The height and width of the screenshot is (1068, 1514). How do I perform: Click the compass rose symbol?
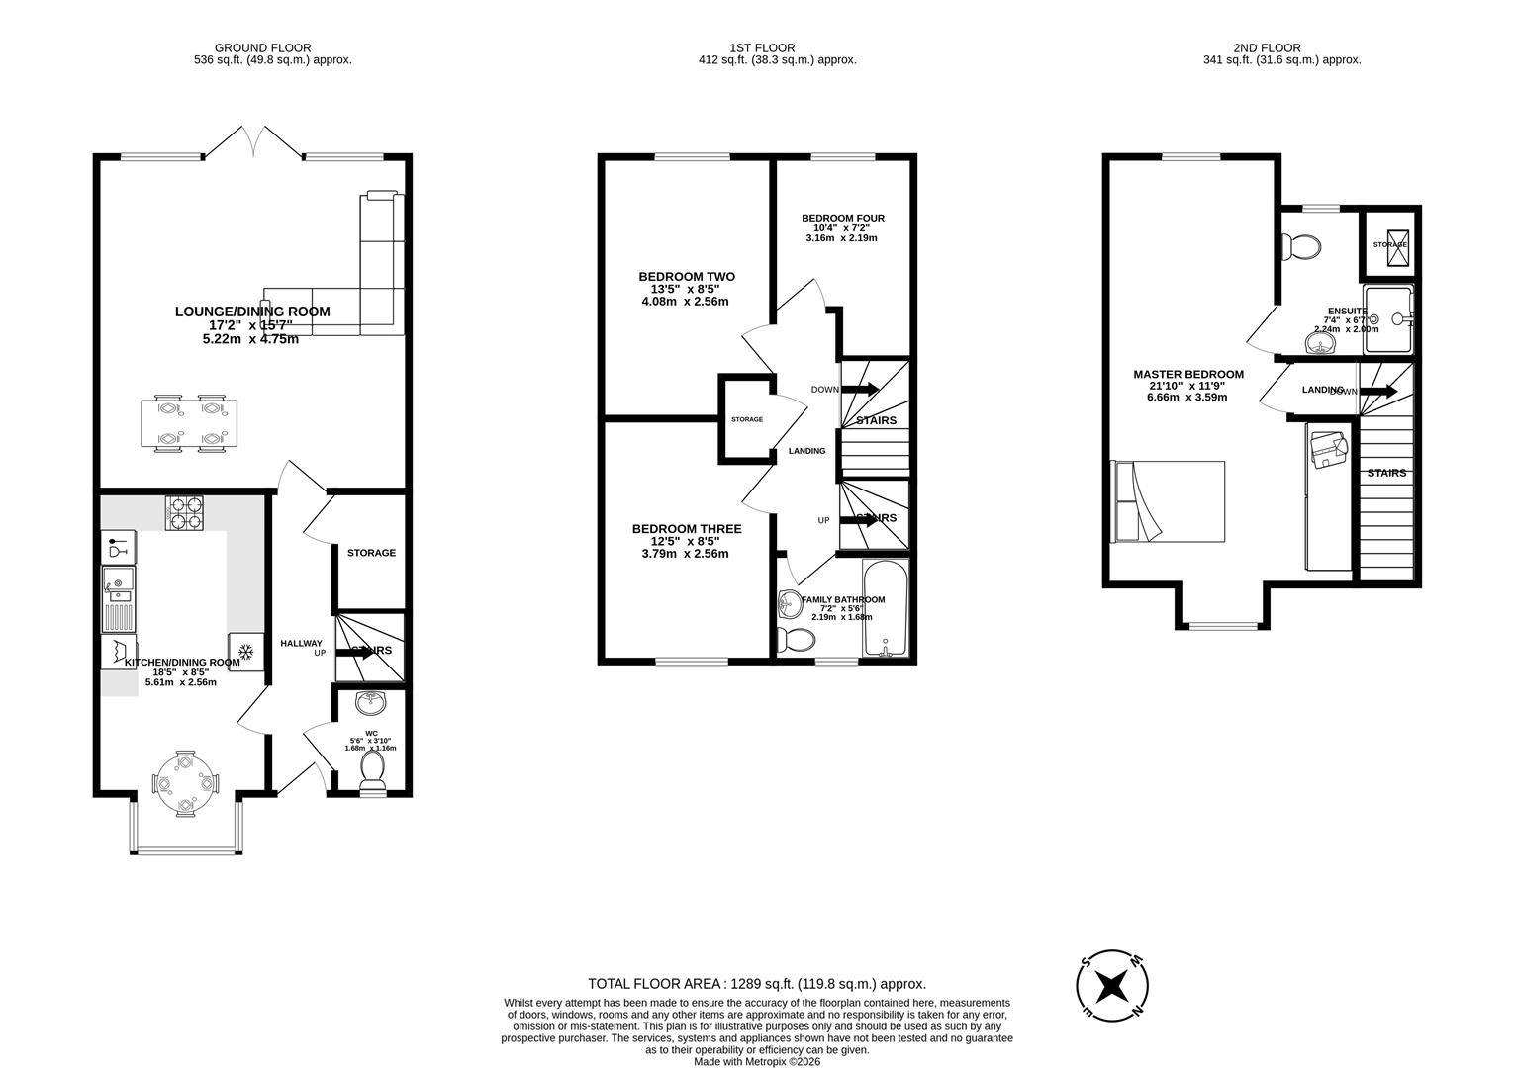1112,985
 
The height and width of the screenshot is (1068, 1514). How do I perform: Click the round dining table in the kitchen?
185,784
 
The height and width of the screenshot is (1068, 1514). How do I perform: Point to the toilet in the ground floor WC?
373,769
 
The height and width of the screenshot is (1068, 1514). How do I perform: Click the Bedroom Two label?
686,277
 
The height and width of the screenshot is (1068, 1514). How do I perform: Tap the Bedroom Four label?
842,219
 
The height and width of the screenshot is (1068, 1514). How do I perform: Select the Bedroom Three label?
686,529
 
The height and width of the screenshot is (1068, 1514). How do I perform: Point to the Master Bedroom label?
1187,375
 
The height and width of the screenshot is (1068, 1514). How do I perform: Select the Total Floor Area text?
757,984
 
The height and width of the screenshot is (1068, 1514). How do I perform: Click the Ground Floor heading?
262,47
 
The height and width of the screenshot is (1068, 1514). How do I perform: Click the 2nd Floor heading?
1267,47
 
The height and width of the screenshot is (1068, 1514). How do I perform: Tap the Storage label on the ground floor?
371,553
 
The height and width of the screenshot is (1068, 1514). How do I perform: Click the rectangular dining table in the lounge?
187,423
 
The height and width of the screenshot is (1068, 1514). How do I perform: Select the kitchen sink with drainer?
119,599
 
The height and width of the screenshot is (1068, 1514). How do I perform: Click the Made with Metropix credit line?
757,1061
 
